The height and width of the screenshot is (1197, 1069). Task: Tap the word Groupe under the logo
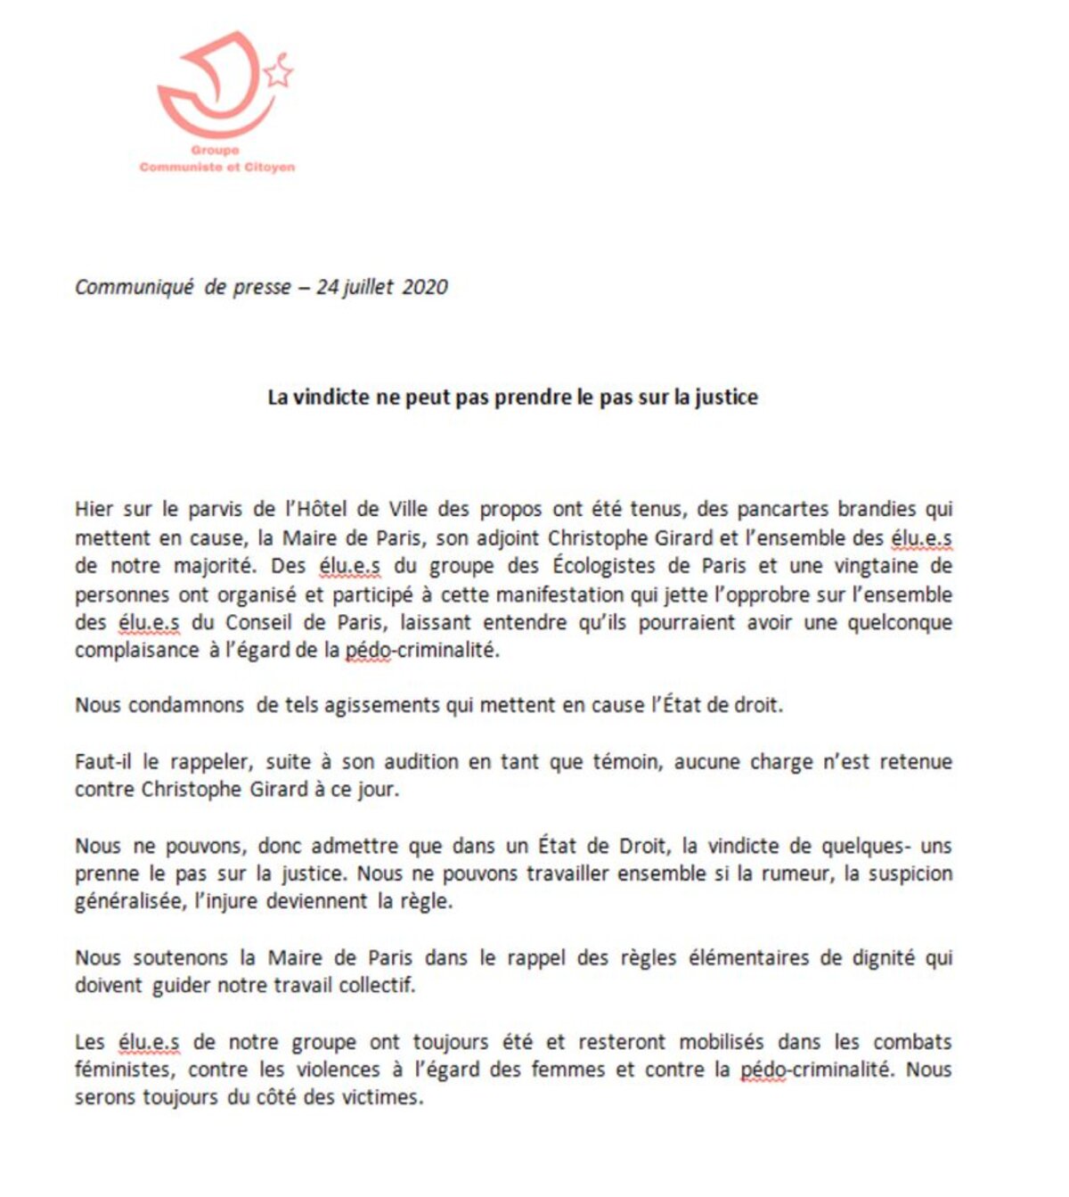pos(215,151)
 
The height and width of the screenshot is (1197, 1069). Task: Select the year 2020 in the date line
pos(425,287)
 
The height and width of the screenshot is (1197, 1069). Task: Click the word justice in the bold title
pos(727,397)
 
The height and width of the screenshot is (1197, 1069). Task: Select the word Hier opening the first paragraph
pos(94,510)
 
